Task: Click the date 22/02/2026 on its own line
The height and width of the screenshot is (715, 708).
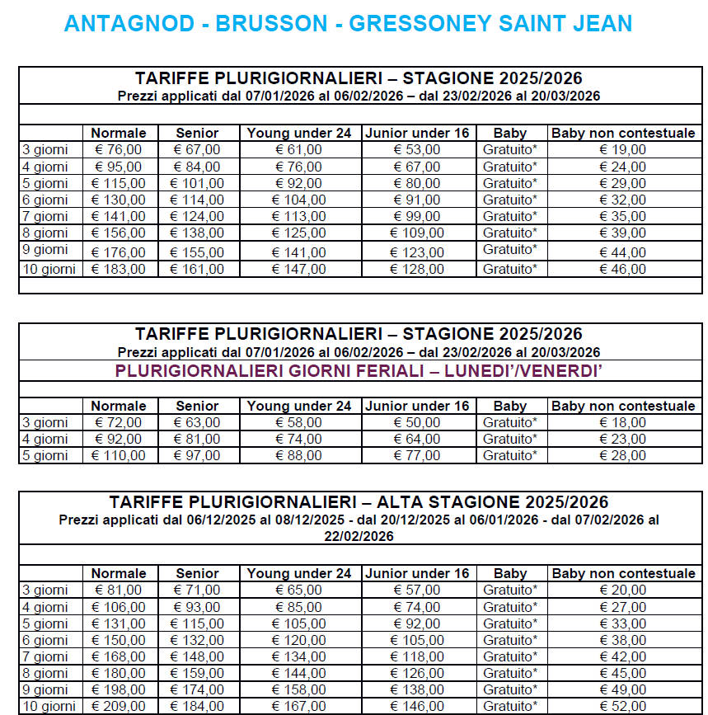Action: point(359,536)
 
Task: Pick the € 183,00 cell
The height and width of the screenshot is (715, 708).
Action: point(118,269)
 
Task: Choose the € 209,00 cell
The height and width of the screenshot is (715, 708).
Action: point(118,706)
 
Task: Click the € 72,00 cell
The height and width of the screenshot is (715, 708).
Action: point(118,422)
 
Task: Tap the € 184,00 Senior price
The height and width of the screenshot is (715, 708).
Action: point(197,706)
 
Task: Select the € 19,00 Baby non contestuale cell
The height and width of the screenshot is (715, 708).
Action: point(623,149)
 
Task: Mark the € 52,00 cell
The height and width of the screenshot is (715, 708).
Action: point(623,706)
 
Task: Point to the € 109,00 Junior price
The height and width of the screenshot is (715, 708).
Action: point(417,233)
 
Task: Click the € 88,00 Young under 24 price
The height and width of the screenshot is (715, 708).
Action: point(299,455)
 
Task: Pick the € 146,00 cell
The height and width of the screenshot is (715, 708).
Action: point(417,706)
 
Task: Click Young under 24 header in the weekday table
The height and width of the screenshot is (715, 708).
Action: point(299,406)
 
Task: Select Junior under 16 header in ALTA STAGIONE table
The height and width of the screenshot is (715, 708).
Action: point(417,573)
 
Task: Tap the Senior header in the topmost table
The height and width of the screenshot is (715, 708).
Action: point(197,133)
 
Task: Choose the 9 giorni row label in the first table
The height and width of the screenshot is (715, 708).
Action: point(45,249)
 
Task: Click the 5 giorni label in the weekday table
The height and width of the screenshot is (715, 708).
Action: point(45,455)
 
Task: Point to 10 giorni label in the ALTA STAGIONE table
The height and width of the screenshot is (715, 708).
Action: point(49,706)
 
